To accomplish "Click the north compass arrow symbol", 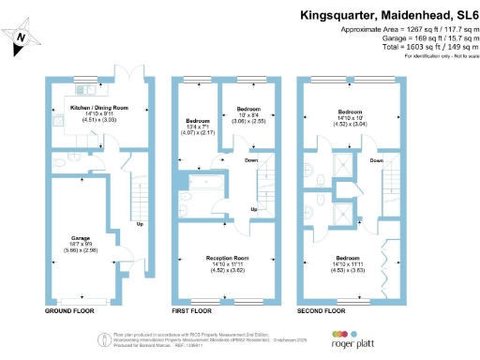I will click(x=22, y=37).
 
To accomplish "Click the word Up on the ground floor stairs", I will click(x=140, y=224).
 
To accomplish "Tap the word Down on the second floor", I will click(x=377, y=160).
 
